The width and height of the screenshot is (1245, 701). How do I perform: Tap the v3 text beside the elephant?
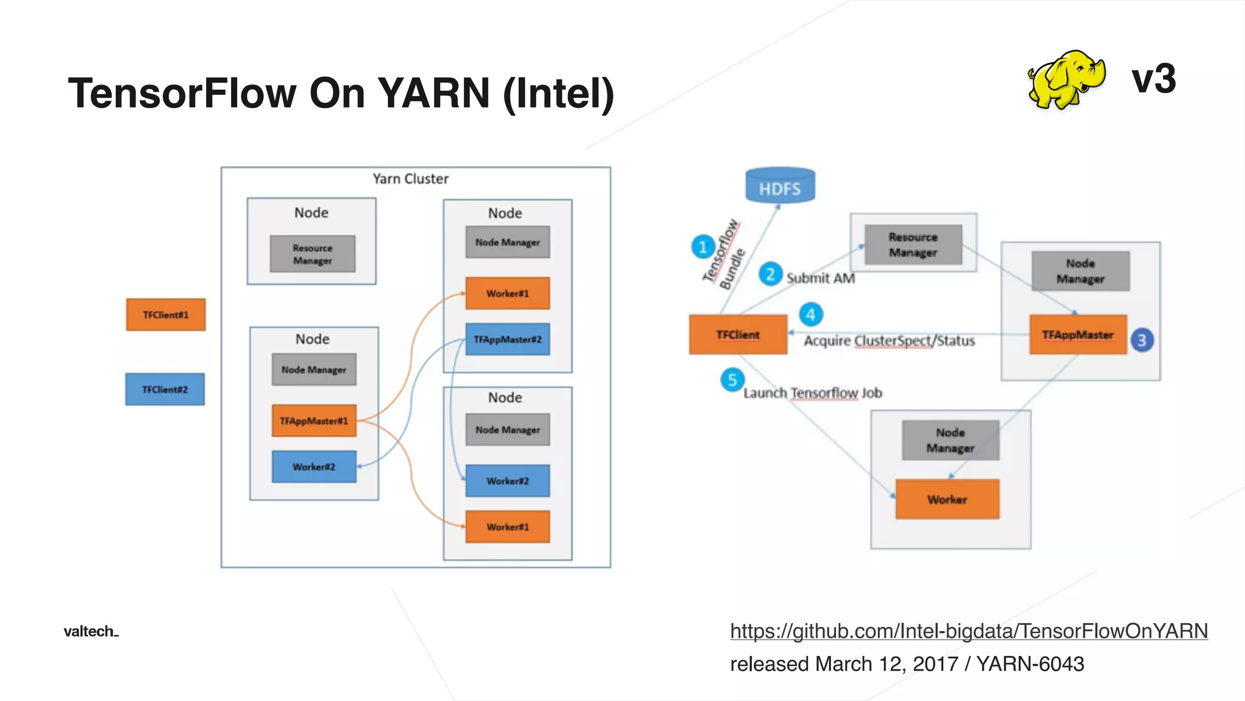click(1153, 79)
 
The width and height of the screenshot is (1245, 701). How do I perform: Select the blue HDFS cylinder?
click(780, 186)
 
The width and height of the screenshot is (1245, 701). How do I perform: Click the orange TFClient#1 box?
click(165, 315)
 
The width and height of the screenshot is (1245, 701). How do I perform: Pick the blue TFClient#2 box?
click(165, 389)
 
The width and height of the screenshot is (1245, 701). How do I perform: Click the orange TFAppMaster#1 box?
click(314, 420)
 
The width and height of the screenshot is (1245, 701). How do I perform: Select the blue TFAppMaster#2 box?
click(507, 339)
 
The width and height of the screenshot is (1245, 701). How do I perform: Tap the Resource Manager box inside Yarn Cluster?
click(312, 254)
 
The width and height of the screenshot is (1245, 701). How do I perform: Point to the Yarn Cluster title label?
click(410, 179)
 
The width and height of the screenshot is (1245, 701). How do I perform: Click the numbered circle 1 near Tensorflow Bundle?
click(703, 247)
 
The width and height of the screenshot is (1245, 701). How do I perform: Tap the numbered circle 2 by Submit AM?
click(770, 274)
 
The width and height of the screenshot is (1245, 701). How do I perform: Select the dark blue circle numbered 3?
click(1141, 340)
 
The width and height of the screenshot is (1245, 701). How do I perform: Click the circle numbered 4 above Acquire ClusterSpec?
click(810, 315)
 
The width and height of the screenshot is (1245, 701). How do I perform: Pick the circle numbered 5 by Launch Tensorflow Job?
click(732, 380)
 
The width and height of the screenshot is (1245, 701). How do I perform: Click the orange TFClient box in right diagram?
click(737, 335)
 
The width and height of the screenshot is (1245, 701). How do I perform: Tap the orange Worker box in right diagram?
click(947, 499)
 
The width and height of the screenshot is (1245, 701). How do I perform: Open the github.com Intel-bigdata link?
click(968, 631)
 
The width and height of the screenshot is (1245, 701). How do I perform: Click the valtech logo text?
click(91, 631)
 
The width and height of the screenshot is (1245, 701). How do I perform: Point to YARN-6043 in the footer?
click(1030, 664)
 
